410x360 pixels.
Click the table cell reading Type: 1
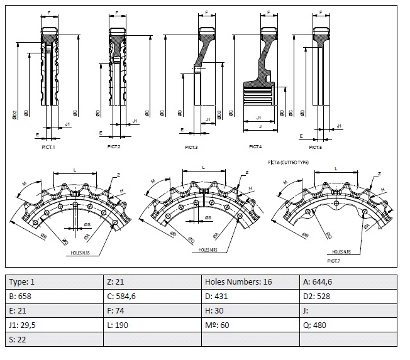point(53,281)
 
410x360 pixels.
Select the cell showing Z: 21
point(152,281)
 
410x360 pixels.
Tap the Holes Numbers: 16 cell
point(250,281)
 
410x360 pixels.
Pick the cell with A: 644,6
point(348,281)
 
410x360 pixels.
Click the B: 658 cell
point(53,296)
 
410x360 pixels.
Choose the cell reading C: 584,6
point(152,296)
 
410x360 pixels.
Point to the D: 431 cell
point(250,296)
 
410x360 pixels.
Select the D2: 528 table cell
point(348,296)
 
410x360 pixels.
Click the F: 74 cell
point(152,310)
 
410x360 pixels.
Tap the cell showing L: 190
point(152,325)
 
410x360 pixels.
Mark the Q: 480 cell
point(348,325)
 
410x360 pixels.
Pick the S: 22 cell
point(53,339)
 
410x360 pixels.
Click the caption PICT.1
point(48,146)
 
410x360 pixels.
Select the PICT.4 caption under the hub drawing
point(255,146)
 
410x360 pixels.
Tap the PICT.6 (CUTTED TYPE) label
point(289,162)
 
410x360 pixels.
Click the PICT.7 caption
point(333,259)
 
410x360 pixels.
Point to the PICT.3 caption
point(191,147)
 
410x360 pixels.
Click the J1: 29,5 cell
point(53,325)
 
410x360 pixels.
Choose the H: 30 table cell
point(250,310)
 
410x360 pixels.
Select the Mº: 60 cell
point(250,325)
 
